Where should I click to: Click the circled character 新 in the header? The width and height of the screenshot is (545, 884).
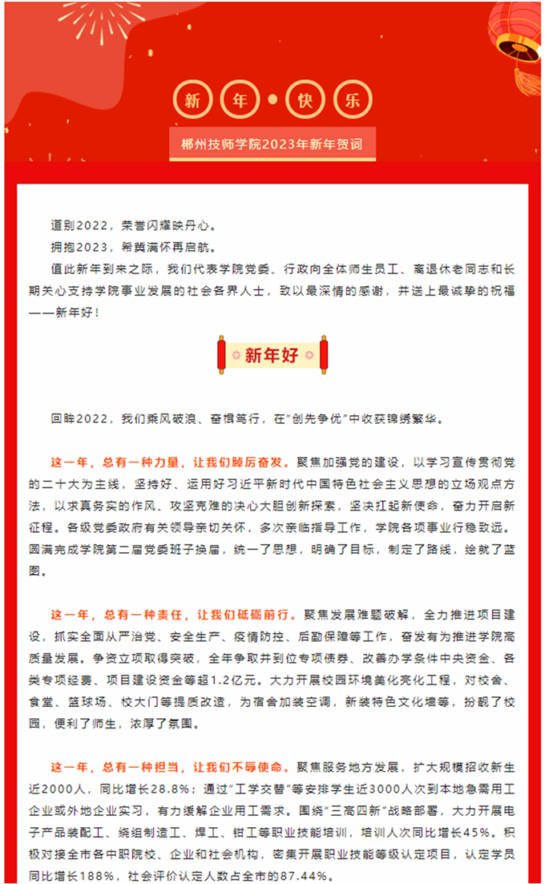tap(192, 100)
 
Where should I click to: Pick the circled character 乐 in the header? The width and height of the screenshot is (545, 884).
tap(353, 100)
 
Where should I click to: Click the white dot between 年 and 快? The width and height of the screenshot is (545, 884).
tap(273, 100)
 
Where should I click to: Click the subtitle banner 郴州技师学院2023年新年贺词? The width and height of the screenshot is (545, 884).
tap(272, 145)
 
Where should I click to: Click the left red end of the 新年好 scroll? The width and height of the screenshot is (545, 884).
tap(221, 355)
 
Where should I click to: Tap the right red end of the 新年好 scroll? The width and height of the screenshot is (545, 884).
tap(324, 355)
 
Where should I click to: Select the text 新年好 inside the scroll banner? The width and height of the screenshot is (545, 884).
tap(272, 355)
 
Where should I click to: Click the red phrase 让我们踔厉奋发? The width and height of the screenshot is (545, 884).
tap(240, 463)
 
